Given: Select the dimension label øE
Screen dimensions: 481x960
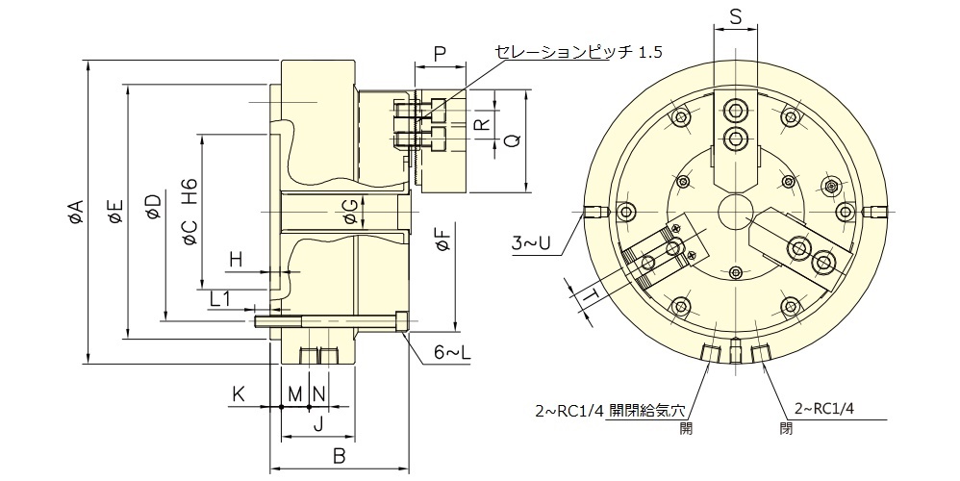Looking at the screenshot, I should click(115, 212).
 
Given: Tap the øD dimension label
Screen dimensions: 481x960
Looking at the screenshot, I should click(152, 207).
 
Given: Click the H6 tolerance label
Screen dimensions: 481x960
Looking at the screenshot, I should click(189, 191).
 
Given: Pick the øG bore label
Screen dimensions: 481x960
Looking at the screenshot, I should click(352, 213).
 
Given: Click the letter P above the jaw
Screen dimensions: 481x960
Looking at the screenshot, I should click(439, 54).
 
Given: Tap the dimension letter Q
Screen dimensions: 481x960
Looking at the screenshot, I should click(513, 140).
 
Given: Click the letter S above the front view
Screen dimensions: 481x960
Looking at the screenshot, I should click(735, 16).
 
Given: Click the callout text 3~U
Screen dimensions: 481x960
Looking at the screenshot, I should click(531, 244).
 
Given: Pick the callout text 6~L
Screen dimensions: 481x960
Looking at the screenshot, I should click(451, 353).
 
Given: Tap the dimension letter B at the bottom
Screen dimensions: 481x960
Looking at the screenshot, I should click(339, 456).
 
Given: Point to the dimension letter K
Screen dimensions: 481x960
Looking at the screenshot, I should click(238, 393).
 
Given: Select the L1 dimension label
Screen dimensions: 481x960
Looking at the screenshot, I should click(221, 299).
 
